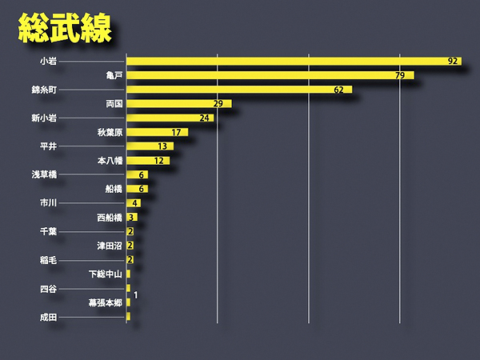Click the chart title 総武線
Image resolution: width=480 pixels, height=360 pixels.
click(x=64, y=28)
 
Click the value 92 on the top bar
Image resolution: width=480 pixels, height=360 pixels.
click(x=454, y=61)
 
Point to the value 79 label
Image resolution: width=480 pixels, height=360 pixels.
click(x=400, y=75)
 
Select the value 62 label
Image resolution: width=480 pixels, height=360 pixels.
click(x=338, y=90)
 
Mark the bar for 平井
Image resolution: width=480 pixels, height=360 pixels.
click(x=150, y=146)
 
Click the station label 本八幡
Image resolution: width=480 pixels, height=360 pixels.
click(x=110, y=161)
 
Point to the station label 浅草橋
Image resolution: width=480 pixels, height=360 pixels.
click(x=45, y=175)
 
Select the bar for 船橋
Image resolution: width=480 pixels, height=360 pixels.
click(x=137, y=189)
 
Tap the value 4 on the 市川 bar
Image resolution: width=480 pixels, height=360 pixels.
click(x=136, y=203)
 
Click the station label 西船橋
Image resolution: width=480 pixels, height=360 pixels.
click(x=110, y=217)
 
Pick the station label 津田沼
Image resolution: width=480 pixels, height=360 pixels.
click(x=110, y=246)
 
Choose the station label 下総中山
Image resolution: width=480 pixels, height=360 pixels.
click(x=105, y=274)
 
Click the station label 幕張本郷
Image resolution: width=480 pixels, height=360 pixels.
click(x=105, y=302)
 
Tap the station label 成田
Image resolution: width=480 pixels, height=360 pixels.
click(x=48, y=317)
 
